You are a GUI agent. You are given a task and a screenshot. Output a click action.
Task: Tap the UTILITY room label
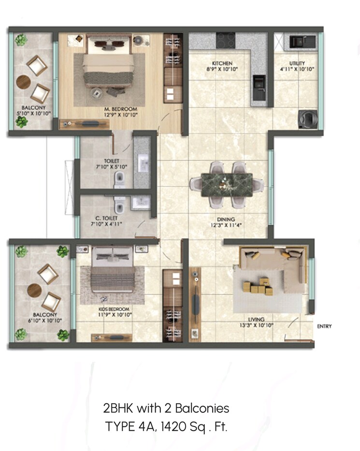pos(297,63)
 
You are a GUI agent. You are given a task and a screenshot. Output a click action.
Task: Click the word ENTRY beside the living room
pos(324,326)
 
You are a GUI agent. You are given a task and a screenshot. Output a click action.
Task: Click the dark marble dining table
pos(226,184)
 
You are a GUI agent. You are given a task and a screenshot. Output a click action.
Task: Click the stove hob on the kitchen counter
pos(225,39)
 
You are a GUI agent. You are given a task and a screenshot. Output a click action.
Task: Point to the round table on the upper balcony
pos(24,82)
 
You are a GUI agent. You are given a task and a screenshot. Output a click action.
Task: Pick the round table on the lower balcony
pos(34,291)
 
